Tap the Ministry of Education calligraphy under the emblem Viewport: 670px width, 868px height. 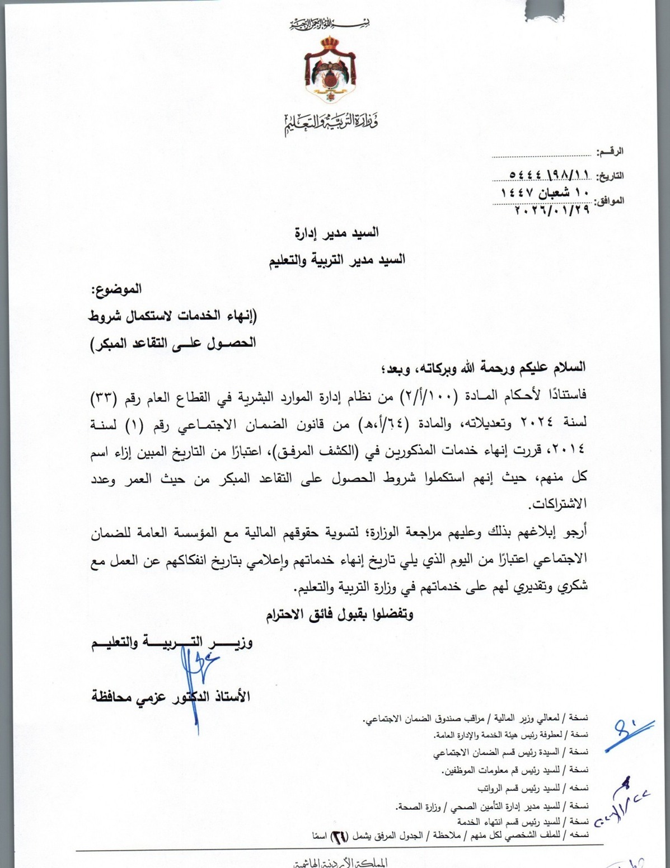pos(330,124)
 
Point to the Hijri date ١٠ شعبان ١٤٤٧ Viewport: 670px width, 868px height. pos(546,193)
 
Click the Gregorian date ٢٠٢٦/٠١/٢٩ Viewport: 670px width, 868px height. pos(551,210)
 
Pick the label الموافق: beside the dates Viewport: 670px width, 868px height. pos(609,200)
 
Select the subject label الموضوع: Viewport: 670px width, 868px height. pos(116,289)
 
